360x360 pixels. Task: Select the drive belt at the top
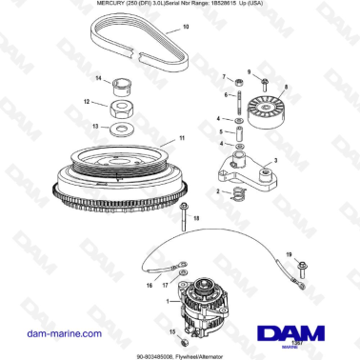(x=143, y=48)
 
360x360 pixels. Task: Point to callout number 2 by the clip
(x=219, y=191)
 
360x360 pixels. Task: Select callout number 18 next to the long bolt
(x=197, y=219)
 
